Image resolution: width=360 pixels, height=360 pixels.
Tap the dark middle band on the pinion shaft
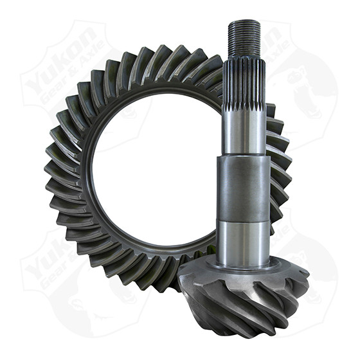pos(244,186)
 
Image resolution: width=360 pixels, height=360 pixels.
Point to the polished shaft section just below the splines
pos(244,132)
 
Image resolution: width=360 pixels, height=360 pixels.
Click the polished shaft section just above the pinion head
pos(244,238)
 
